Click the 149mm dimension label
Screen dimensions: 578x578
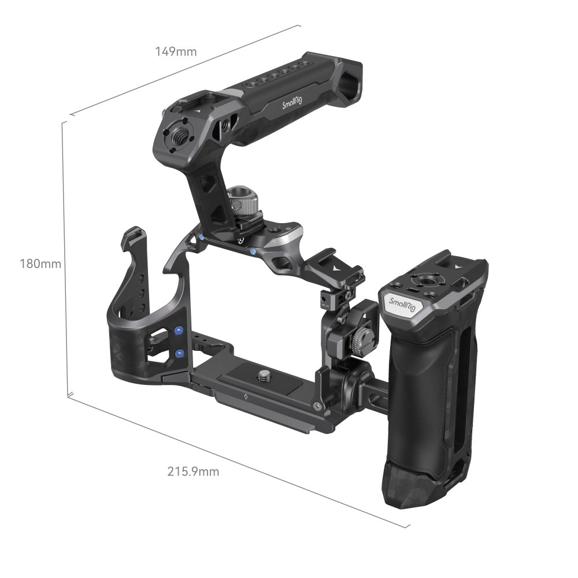176,51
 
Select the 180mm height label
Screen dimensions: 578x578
40,264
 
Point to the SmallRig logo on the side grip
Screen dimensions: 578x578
401,303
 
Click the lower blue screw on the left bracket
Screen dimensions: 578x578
180,353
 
